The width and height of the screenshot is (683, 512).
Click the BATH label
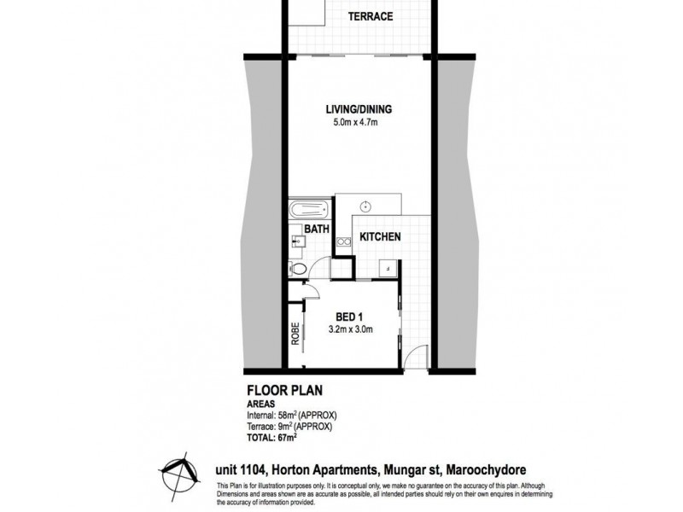[319, 229]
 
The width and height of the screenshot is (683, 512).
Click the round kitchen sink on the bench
[365, 206]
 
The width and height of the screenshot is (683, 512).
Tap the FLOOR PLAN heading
[277, 394]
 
